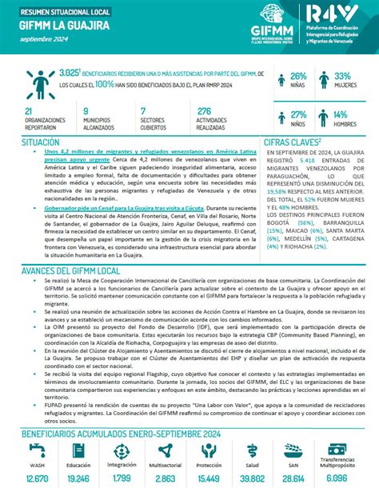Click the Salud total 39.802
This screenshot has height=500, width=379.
coord(253,478)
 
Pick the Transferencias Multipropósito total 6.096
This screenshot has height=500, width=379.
coord(338,478)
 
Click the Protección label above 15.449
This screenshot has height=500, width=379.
coord(209,466)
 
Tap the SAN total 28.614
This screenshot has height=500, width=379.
coord(293,478)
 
